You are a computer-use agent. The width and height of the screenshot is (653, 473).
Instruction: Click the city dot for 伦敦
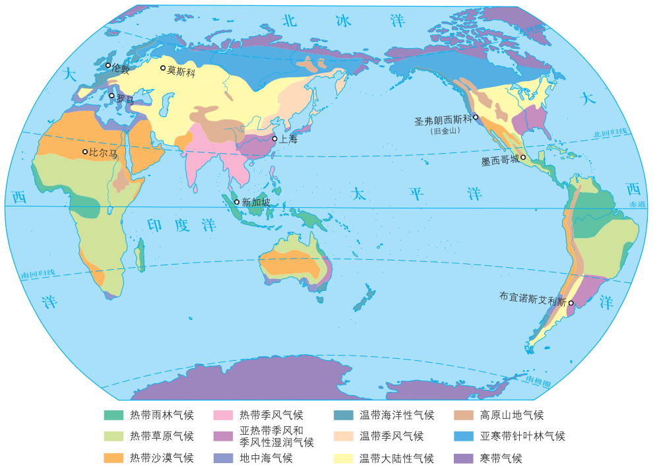coord(109,65)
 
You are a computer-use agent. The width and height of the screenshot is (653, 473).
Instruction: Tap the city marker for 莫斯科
coord(164,68)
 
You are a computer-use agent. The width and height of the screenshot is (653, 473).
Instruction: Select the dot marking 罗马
coord(112,96)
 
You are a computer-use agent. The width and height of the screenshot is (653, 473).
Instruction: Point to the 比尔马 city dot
coord(85,152)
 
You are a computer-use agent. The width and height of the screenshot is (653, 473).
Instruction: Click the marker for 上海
coord(275,139)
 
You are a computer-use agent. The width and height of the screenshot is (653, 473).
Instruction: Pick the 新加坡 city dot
coord(237,202)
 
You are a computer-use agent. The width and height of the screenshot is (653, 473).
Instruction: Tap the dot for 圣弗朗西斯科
coord(476,117)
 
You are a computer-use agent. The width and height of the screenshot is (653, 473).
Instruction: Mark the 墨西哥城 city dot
coord(523,157)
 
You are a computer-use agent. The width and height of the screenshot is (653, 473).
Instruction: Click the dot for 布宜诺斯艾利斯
coord(572,303)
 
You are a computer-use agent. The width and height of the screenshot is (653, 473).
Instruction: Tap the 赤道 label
coord(637,205)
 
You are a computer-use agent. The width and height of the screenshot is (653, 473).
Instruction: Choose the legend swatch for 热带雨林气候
coord(113,415)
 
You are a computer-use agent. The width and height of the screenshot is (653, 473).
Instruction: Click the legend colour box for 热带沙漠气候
coord(113,457)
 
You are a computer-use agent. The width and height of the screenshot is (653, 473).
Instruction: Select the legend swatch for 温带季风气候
coord(343,436)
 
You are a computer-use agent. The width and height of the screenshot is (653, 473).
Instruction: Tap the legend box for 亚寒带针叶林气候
coord(464,436)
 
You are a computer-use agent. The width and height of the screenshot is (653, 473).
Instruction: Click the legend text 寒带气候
coord(501,458)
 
